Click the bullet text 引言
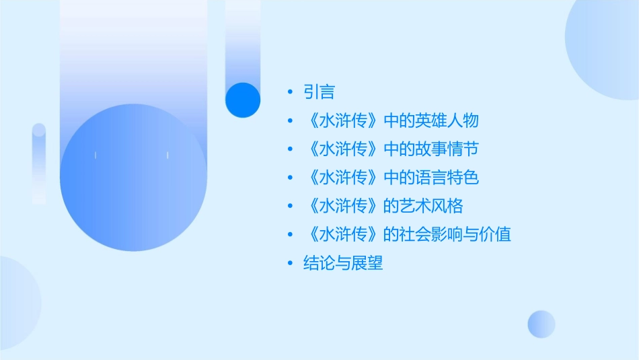319,92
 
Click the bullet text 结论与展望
343,263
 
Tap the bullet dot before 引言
289,92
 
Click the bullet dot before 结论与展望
289,264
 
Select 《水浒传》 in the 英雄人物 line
343,120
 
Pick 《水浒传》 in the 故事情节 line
343,149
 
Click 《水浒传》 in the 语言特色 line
343,178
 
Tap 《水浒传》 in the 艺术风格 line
343,206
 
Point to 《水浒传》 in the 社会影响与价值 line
343,234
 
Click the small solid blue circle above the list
242,100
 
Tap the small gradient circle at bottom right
541,324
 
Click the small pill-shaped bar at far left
39,163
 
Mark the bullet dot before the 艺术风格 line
289,207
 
